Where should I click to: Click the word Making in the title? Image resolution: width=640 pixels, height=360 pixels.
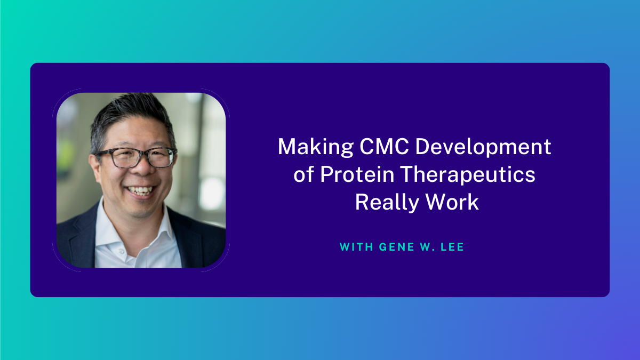[316, 147]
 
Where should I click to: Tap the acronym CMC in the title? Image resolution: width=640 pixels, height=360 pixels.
[384, 146]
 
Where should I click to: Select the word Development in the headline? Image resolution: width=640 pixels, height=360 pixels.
[483, 147]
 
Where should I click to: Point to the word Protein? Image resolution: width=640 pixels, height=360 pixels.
[357, 174]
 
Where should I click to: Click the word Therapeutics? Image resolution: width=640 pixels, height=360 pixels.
[468, 174]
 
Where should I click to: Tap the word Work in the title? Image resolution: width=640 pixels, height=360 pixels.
[452, 202]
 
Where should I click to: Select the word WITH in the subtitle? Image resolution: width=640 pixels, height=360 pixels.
[356, 247]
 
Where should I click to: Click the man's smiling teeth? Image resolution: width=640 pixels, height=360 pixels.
[140, 190]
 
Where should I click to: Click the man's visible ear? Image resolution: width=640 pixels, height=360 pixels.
[95, 168]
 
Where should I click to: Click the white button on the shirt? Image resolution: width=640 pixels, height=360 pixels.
[121, 251]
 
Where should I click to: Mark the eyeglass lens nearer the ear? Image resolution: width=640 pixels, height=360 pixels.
[120, 158]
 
